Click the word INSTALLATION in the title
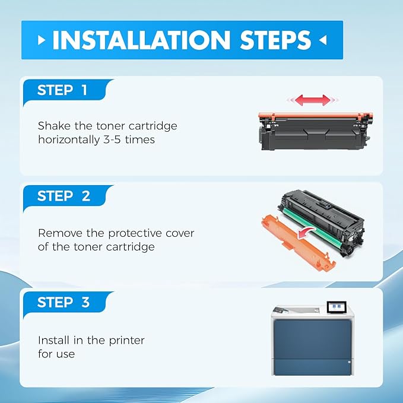point(141,40)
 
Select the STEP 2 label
point(63,196)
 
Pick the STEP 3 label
point(63,302)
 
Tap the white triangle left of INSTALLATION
point(40,40)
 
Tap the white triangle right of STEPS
point(322,40)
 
